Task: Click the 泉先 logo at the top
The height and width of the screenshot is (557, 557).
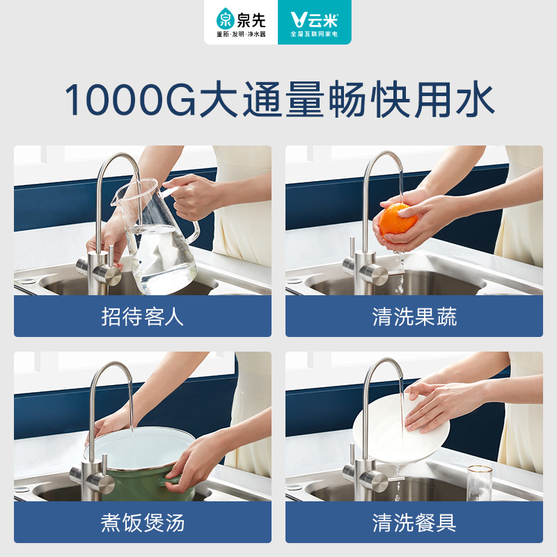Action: [241, 17]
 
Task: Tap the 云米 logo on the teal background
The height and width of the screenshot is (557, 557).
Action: [315, 17]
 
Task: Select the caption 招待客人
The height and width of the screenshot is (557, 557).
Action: [143, 317]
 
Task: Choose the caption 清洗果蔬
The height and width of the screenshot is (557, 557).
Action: [414, 317]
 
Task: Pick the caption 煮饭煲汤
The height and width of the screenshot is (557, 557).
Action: [143, 522]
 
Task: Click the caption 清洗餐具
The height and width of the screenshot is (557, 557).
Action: [414, 522]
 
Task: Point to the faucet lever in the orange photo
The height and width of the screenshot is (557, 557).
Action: [376, 274]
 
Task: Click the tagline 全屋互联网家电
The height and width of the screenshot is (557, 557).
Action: [315, 33]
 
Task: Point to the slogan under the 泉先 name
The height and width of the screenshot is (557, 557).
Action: [241, 33]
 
